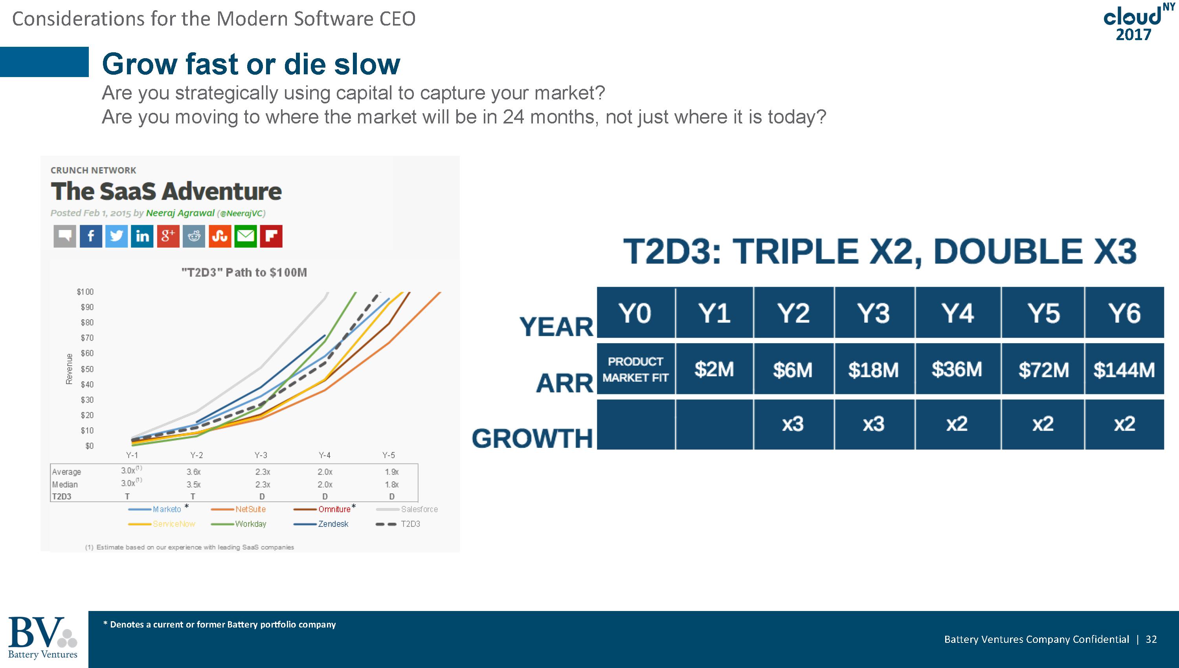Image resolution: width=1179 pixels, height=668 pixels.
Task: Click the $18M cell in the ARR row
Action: coord(874,369)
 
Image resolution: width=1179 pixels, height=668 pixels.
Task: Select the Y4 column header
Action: coord(957,313)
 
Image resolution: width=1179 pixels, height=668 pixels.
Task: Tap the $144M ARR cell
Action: coord(1124,369)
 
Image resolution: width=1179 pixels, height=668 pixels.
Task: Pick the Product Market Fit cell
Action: coord(635,369)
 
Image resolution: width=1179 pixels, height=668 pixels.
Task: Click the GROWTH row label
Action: coord(533,438)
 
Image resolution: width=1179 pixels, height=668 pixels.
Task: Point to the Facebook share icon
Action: coord(91,236)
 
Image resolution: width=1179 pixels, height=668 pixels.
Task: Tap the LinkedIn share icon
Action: coord(142,236)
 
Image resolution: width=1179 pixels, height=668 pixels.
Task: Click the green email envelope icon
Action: coord(245,236)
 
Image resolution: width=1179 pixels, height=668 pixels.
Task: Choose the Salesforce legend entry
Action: coord(407,509)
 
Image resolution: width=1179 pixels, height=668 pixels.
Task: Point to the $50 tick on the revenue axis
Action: coord(87,369)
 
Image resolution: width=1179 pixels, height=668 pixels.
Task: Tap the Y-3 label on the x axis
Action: coord(261,455)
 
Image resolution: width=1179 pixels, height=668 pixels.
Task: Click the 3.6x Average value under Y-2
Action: coord(193,472)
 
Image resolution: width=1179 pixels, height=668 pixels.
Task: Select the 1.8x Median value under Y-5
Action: coord(391,484)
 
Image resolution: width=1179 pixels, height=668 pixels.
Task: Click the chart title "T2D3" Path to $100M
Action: coord(244,272)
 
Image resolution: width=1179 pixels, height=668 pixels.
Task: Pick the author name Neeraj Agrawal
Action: coord(180,213)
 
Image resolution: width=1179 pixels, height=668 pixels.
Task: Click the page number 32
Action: coord(1151,639)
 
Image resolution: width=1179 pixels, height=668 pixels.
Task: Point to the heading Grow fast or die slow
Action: coord(251,64)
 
